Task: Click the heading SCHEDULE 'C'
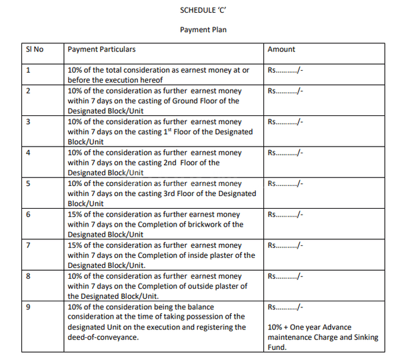coord(202,11)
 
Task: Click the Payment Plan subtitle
coord(202,30)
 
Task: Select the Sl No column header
coord(34,49)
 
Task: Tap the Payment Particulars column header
coord(101,49)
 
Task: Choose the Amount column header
coord(281,49)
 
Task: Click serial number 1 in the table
coord(28,70)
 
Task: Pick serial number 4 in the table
coord(28,153)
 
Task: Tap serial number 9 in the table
coord(28,307)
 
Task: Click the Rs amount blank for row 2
coord(285,91)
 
